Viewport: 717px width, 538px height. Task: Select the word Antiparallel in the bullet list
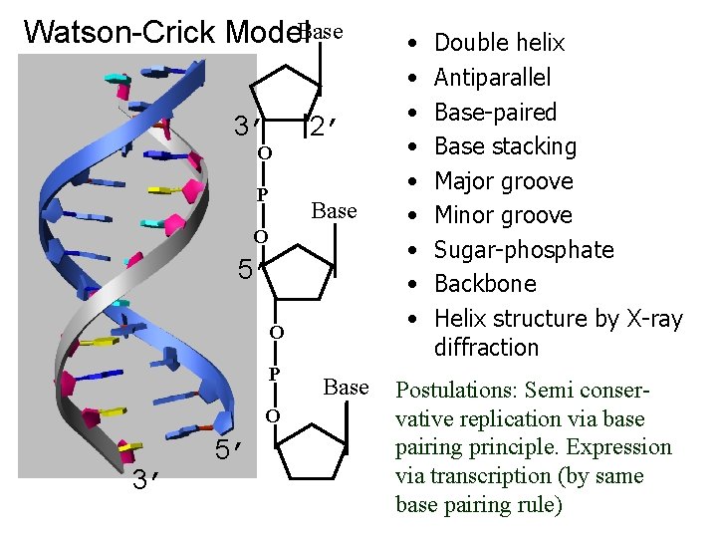492,78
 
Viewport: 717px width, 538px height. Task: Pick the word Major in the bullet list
466,181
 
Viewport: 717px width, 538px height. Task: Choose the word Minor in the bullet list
466,215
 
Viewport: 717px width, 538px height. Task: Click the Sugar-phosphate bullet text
524,250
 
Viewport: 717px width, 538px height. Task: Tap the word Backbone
485,284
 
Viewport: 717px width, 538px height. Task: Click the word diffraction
486,348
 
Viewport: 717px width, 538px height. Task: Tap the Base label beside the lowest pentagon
346,387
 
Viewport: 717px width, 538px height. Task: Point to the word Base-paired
495,112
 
